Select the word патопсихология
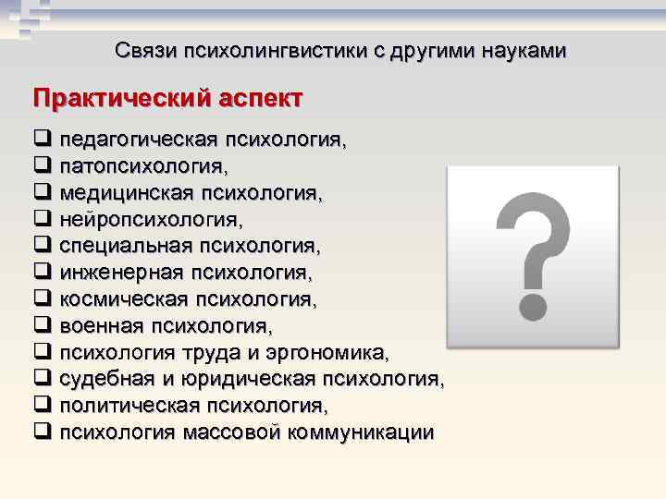tap(142, 167)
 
